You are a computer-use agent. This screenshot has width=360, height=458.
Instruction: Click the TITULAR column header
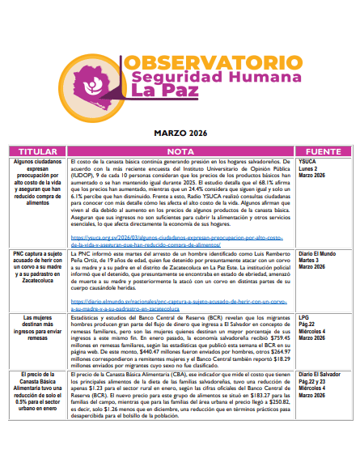click(38, 151)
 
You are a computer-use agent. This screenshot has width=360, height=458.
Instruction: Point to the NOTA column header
click(180, 151)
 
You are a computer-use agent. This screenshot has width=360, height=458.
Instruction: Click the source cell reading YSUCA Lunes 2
click(315, 168)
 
